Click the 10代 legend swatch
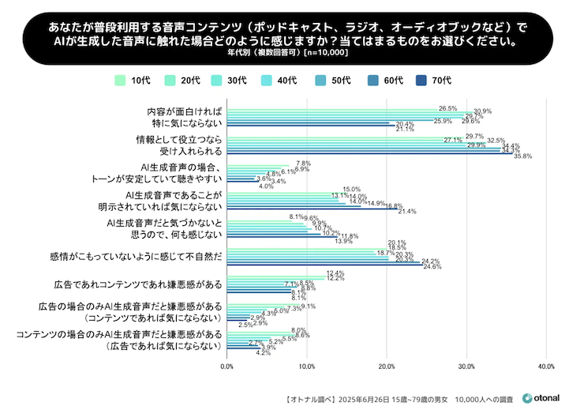(121, 80)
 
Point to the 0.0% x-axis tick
(227, 367)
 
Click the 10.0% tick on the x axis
(307, 367)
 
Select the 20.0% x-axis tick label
(387, 367)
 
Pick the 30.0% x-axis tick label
(466, 367)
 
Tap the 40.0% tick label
(546, 367)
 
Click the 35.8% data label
(522, 156)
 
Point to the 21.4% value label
(407, 212)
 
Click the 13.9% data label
(343, 241)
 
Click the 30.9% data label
(482, 111)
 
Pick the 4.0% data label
(266, 186)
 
